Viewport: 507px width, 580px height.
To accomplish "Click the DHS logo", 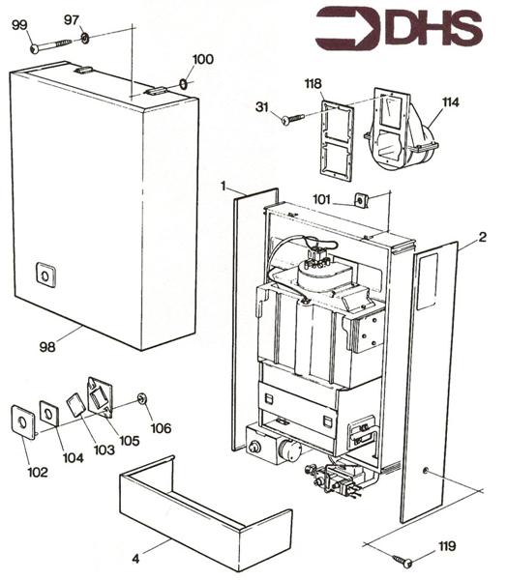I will coord(399,29).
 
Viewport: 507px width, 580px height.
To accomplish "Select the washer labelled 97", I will coord(85,39).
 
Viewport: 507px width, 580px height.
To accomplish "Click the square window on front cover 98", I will coord(44,275).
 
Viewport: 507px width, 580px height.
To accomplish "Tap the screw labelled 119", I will coord(404,561).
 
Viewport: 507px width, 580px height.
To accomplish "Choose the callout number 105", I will coord(128,441).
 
